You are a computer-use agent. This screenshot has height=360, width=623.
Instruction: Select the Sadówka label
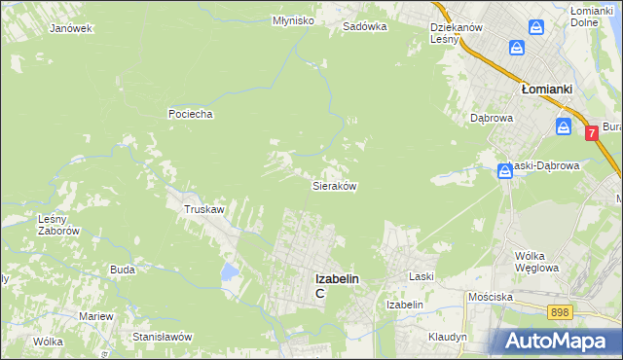coord(365,27)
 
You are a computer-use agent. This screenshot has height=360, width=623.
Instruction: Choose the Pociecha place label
coord(190,114)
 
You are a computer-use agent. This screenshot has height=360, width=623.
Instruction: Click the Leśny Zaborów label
coord(57,225)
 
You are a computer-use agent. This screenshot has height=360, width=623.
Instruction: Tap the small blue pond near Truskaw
coord(228,271)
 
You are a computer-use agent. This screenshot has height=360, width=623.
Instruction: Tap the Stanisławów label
coord(164,336)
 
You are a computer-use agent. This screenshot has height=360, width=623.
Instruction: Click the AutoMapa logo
coord(556,341)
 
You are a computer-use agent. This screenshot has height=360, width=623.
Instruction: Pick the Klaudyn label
coord(447,336)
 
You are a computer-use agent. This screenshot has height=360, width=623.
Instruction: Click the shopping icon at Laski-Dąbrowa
coord(505,171)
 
